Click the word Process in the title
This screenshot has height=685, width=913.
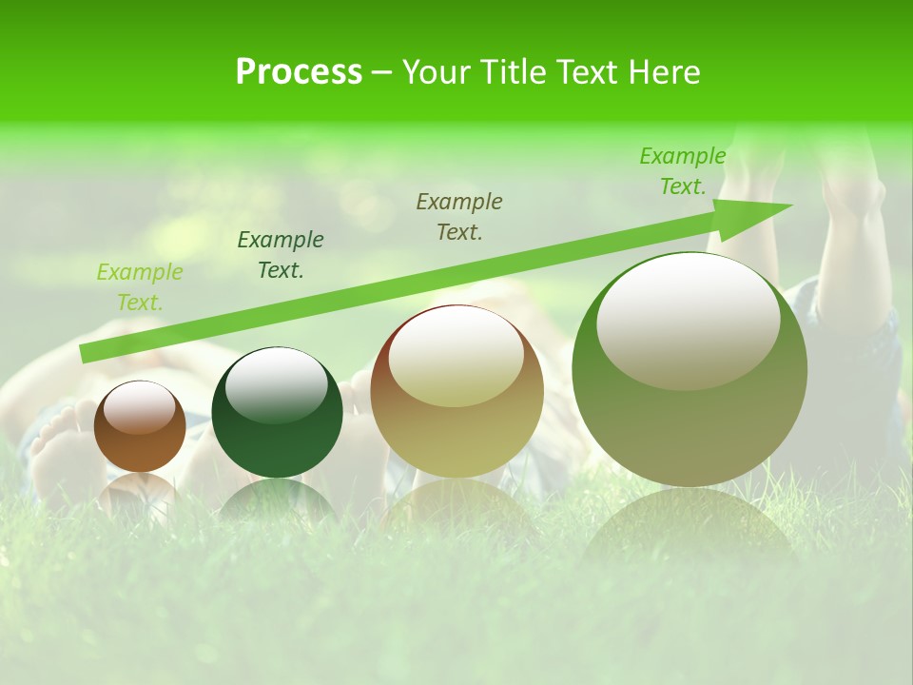[x=299, y=72]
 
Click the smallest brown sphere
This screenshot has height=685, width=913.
[x=140, y=428]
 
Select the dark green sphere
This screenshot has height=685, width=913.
[x=277, y=414]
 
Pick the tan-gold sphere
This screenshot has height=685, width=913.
[x=456, y=392]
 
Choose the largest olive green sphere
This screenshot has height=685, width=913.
[x=690, y=371]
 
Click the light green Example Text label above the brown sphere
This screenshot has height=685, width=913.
[x=140, y=287]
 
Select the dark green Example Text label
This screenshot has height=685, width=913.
[x=281, y=255]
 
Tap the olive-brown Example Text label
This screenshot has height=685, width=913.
[x=459, y=217]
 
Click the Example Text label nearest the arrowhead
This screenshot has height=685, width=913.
[x=683, y=171]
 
